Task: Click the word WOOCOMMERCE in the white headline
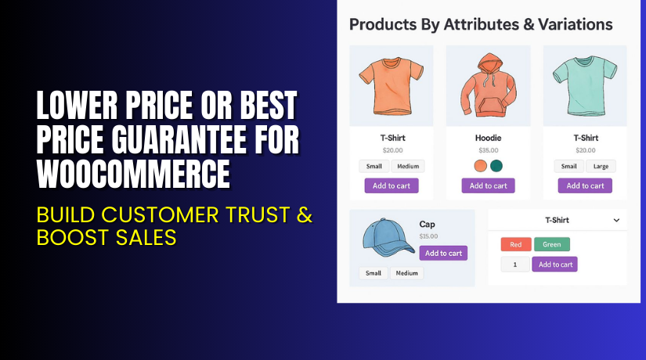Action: point(134,174)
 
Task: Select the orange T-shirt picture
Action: point(391,85)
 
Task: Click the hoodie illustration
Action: point(488,85)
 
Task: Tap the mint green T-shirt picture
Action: point(584,85)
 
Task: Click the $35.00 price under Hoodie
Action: point(488,150)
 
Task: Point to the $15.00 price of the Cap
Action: point(429,236)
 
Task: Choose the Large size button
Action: point(601,166)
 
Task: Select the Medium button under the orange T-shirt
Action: point(408,166)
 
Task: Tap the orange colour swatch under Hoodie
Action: point(481,166)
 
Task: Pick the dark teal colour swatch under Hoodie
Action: point(496,166)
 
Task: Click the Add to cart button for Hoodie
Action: point(488,185)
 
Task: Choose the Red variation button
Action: point(515,244)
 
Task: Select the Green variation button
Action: point(552,244)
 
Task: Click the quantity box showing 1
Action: point(515,265)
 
